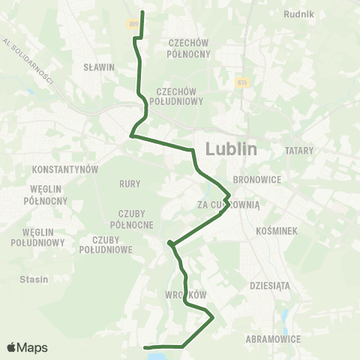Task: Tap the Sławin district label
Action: pos(100,67)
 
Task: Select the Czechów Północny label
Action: pos(188,48)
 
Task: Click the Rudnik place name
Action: pos(299,13)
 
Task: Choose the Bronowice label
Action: pos(256,180)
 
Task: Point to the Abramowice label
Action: pos(274,339)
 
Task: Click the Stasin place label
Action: pos(34,279)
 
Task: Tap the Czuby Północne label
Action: pos(131,219)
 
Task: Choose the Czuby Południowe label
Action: pos(106,244)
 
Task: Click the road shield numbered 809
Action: pos(133,24)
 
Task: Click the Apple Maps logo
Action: pos(27,347)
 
